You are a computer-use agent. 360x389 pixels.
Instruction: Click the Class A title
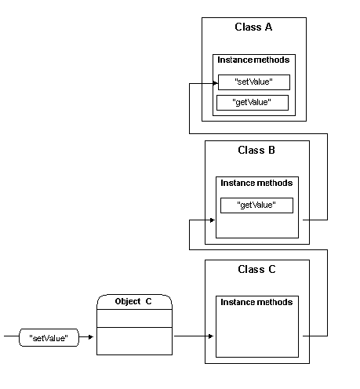(x=253, y=27)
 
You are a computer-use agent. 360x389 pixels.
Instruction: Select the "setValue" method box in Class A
(x=254, y=82)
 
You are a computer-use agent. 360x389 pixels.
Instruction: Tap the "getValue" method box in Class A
(x=253, y=103)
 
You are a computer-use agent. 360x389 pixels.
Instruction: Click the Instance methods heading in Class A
(x=253, y=60)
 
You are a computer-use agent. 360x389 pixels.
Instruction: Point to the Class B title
(x=256, y=150)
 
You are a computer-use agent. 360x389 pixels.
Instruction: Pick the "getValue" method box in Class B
(x=256, y=205)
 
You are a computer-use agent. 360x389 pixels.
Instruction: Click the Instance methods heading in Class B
(x=256, y=183)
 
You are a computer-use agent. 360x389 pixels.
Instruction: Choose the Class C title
(x=256, y=269)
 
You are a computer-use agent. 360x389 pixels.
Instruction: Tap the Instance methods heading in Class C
(x=256, y=302)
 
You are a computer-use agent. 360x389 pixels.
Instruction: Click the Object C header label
(x=133, y=301)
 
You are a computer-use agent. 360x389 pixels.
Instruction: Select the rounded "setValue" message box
(x=49, y=337)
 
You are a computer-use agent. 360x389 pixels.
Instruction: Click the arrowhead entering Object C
(x=91, y=336)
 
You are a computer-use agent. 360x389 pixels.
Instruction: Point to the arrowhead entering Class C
(x=211, y=336)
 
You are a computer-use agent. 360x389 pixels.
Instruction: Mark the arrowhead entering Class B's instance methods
(x=213, y=220)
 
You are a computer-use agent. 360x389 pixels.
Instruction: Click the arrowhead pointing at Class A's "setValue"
(x=215, y=83)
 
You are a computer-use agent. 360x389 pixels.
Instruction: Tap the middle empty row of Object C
(x=134, y=318)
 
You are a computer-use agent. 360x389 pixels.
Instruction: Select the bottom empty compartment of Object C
(x=134, y=341)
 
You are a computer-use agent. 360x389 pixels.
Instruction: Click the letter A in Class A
(x=268, y=27)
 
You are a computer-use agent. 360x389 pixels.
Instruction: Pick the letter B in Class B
(x=271, y=150)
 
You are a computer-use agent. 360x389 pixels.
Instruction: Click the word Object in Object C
(x=128, y=301)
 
